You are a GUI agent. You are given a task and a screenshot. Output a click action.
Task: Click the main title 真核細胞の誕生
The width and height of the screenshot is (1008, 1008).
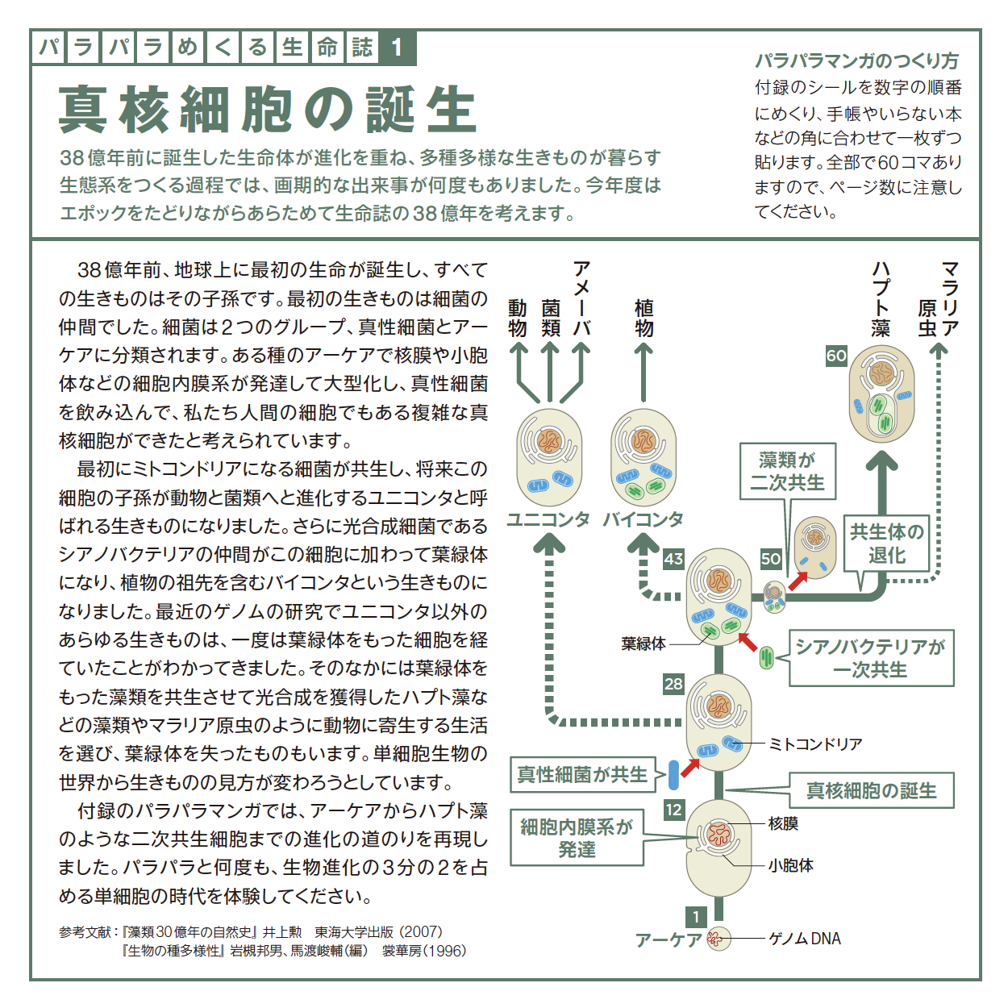[x=267, y=110]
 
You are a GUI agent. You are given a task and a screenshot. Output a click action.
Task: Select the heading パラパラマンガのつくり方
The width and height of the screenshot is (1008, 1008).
[x=856, y=62]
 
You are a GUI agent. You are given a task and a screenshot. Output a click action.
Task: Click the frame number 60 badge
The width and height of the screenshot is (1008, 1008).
[x=836, y=356]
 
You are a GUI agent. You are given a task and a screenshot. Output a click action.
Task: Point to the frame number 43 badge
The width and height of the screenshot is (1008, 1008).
[x=673, y=559]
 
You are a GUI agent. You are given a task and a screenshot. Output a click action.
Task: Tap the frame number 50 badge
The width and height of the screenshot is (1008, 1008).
[x=771, y=559]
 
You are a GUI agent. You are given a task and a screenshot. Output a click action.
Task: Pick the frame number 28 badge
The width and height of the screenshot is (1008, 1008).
[x=673, y=684]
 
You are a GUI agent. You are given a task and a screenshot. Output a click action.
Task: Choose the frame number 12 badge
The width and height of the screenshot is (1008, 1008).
[x=673, y=810]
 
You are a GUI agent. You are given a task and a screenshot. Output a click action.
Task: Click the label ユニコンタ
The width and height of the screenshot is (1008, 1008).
[x=548, y=519]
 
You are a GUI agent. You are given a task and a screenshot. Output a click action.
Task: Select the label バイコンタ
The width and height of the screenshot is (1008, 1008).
[x=643, y=519]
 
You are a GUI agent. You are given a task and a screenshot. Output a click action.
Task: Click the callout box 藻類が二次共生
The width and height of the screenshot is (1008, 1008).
[x=787, y=471]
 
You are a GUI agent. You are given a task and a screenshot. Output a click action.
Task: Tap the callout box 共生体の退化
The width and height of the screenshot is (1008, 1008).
[x=886, y=544]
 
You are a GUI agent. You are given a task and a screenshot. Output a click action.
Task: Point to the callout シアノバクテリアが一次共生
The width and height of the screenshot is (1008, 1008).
[x=871, y=658]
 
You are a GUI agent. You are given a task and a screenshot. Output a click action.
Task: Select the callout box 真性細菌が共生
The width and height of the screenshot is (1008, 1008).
[x=583, y=774]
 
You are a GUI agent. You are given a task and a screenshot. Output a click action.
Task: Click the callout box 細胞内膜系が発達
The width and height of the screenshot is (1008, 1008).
[x=577, y=838]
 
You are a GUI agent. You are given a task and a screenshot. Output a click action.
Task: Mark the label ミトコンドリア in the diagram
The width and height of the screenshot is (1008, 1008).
[x=815, y=744]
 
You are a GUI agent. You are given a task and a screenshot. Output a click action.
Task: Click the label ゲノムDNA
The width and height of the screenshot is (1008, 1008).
[x=805, y=939]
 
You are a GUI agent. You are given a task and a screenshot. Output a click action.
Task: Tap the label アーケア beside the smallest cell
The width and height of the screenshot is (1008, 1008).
[x=668, y=940]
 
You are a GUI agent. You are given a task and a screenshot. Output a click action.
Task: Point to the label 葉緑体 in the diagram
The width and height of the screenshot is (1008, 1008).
[x=644, y=644]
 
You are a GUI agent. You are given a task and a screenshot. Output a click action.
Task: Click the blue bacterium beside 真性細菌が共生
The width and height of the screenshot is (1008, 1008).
[x=673, y=775]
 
